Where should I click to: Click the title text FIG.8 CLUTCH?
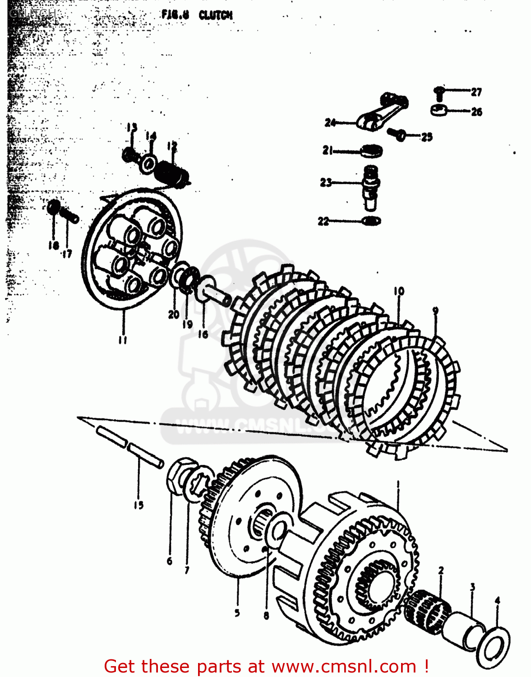coord(197,15)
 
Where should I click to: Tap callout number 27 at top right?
coord(476,92)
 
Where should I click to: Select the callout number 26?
coord(476,111)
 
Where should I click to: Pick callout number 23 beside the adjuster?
coord(326,182)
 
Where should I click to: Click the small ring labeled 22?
coord(371,221)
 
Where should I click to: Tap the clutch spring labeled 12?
coord(172,173)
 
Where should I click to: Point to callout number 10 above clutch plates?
coord(399,291)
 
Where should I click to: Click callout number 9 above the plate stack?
coord(435,311)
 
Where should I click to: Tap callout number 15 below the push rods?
coord(138,505)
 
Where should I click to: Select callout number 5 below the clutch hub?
coord(237,613)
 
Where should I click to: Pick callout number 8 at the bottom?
coord(266,615)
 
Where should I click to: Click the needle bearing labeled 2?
coord(426,611)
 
